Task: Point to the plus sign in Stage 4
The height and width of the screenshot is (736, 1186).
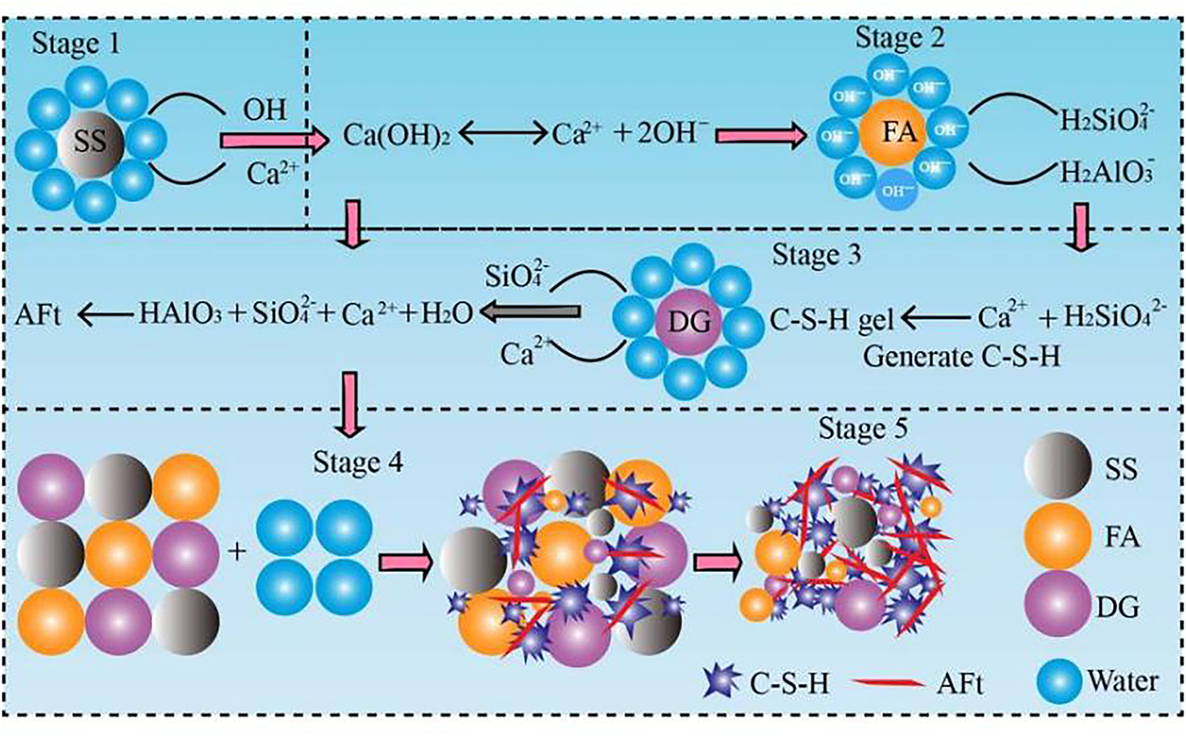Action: tap(235, 552)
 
